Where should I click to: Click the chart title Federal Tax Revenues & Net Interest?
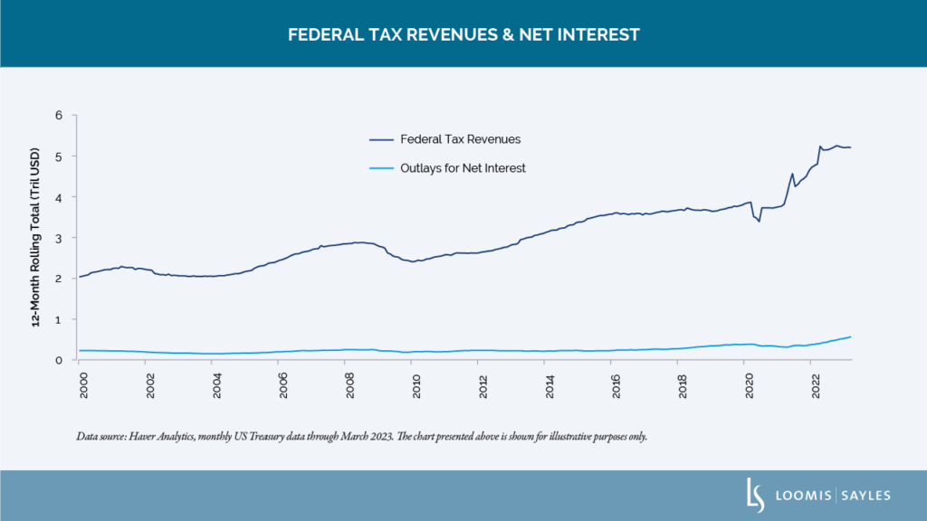point(463,34)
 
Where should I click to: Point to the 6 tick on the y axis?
point(59,115)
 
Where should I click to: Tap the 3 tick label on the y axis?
point(59,238)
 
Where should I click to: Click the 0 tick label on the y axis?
point(59,360)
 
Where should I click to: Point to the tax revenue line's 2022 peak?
point(820,146)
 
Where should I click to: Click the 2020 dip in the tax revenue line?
point(759,221)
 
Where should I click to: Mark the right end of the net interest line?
point(850,336)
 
